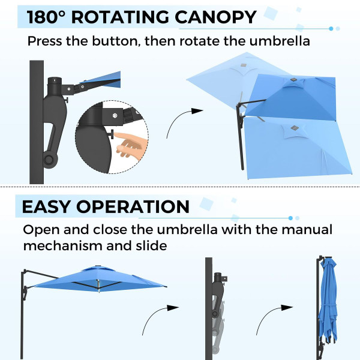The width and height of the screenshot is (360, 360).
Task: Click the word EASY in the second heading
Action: tap(48, 206)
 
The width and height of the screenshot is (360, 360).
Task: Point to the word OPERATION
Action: tap(133, 206)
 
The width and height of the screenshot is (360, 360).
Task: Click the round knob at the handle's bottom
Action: tap(48, 161)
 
